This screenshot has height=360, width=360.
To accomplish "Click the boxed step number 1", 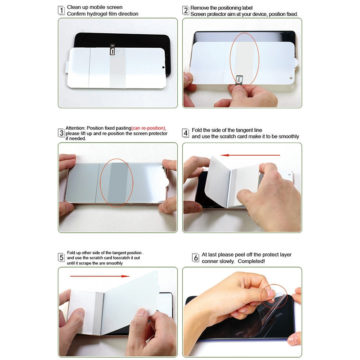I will (x=61, y=10).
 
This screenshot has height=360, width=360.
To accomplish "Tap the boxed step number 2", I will (x=185, y=10).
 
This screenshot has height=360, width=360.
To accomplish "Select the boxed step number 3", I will (x=61, y=133).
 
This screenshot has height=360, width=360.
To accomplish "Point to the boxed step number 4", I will (x=185, y=133).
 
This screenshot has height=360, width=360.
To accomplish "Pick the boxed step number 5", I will (x=61, y=257).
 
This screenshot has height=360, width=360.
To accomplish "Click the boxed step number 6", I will (x=195, y=257).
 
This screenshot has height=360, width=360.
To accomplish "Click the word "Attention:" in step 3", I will (x=76, y=128).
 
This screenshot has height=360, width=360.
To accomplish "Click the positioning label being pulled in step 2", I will (x=239, y=80).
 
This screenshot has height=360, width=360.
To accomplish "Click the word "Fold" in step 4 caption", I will (x=197, y=130).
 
